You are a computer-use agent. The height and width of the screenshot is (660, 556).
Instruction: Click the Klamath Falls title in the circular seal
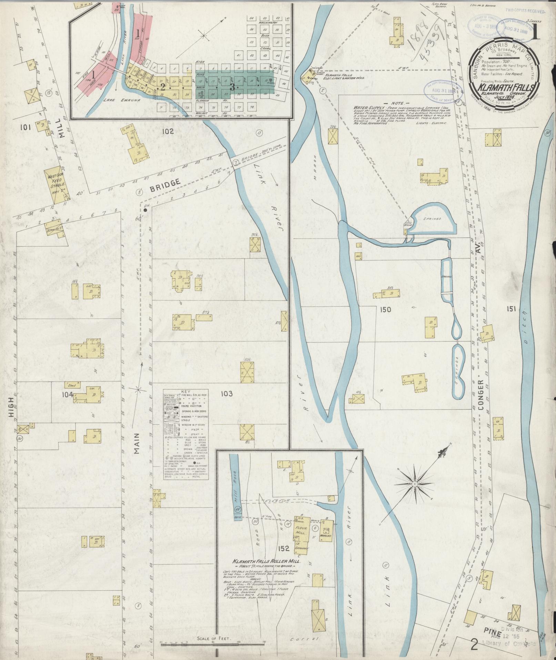point(504,87)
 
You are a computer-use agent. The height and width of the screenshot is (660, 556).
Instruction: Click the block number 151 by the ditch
point(511,309)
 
